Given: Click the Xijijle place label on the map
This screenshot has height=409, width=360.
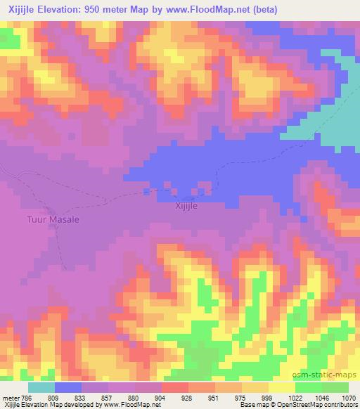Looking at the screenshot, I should coord(186,208).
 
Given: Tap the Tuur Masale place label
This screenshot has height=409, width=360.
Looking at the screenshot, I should coord(53,220).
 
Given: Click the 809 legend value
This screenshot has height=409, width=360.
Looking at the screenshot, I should coord(55,397).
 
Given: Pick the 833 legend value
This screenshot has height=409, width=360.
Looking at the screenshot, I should coord(82,397).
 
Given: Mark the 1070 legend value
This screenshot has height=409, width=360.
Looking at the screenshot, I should coord(349,397).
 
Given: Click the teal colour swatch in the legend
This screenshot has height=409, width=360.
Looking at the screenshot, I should coord(41,387).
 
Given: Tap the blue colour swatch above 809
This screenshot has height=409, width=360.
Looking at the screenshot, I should coord(68,387).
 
